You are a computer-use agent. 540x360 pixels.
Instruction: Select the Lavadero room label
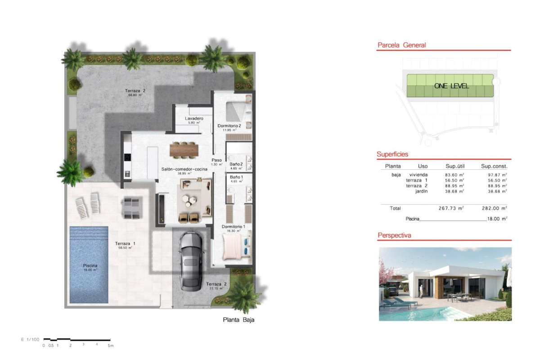coord(194,119)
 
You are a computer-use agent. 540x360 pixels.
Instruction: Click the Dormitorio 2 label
coord(229,126)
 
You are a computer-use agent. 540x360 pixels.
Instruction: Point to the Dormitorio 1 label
coord(233,226)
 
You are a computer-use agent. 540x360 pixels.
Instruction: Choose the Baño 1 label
coord(236,177)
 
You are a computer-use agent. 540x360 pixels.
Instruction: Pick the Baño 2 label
coord(236,164)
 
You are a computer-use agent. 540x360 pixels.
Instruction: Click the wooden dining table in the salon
coord(184,149)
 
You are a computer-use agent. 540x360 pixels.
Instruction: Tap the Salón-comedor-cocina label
coord(184,169)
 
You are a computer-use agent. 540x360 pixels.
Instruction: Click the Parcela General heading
coord(401,45)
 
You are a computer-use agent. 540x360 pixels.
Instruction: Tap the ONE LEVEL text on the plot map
coord(451,86)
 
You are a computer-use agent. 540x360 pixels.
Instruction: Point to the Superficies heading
coord(392,154)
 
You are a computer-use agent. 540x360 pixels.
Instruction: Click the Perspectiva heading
coord(394,235)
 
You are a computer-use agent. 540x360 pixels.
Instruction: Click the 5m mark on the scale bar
coord(110,346)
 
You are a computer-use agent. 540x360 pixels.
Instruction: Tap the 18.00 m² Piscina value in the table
coord(497,219)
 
